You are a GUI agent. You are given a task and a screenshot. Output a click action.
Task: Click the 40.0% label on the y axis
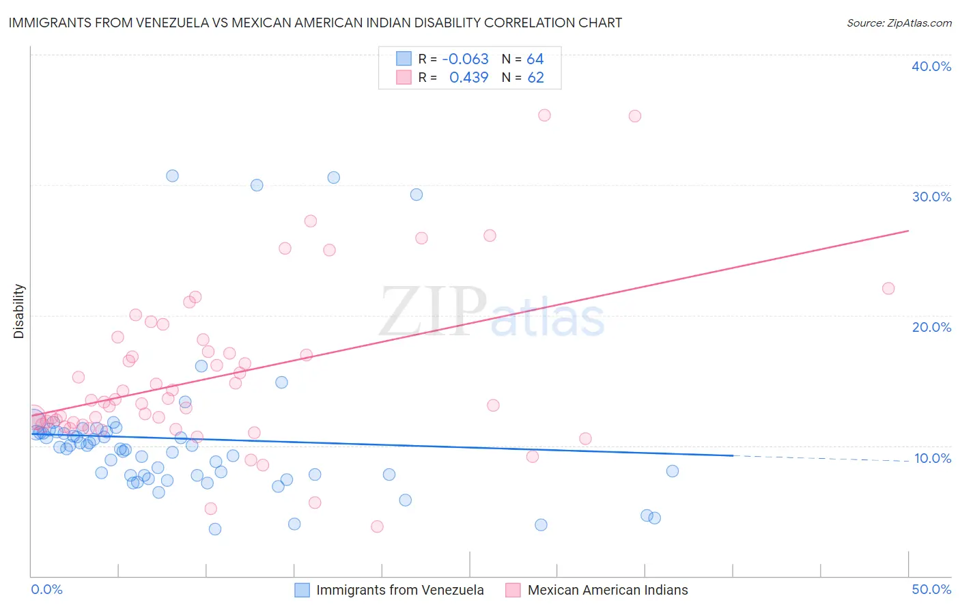[x=931, y=66]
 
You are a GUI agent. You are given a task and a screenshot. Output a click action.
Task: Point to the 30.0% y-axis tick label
[x=931, y=197]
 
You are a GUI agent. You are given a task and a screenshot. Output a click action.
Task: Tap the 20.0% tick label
[x=931, y=327]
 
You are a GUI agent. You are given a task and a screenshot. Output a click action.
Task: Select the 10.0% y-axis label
[x=932, y=458]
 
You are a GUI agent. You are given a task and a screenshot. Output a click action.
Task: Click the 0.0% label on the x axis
[x=46, y=589]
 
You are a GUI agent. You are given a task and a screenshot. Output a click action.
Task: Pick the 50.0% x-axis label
[x=931, y=589]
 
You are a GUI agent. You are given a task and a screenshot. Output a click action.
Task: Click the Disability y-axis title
[x=19, y=311]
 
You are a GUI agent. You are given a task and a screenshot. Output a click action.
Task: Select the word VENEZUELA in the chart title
[x=180, y=23]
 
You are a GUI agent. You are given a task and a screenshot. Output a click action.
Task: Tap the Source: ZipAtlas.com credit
[x=899, y=23]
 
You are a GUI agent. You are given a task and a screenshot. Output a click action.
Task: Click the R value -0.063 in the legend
[x=465, y=59]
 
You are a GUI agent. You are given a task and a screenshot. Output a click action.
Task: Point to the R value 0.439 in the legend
[x=468, y=78]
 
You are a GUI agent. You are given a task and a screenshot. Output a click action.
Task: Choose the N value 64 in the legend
[x=535, y=59]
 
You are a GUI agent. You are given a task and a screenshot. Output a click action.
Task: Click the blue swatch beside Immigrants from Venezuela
[x=302, y=590]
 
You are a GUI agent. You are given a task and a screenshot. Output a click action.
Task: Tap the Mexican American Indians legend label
[x=607, y=590]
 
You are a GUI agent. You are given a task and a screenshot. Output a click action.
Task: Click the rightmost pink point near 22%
[x=888, y=288]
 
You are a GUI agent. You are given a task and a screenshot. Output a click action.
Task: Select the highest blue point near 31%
[x=172, y=175]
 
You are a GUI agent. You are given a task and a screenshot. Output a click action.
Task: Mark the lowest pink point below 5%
[x=377, y=526]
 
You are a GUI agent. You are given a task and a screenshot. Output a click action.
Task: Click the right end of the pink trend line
[x=908, y=231]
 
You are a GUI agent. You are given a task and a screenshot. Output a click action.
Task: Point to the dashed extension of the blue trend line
[x=819, y=458]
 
